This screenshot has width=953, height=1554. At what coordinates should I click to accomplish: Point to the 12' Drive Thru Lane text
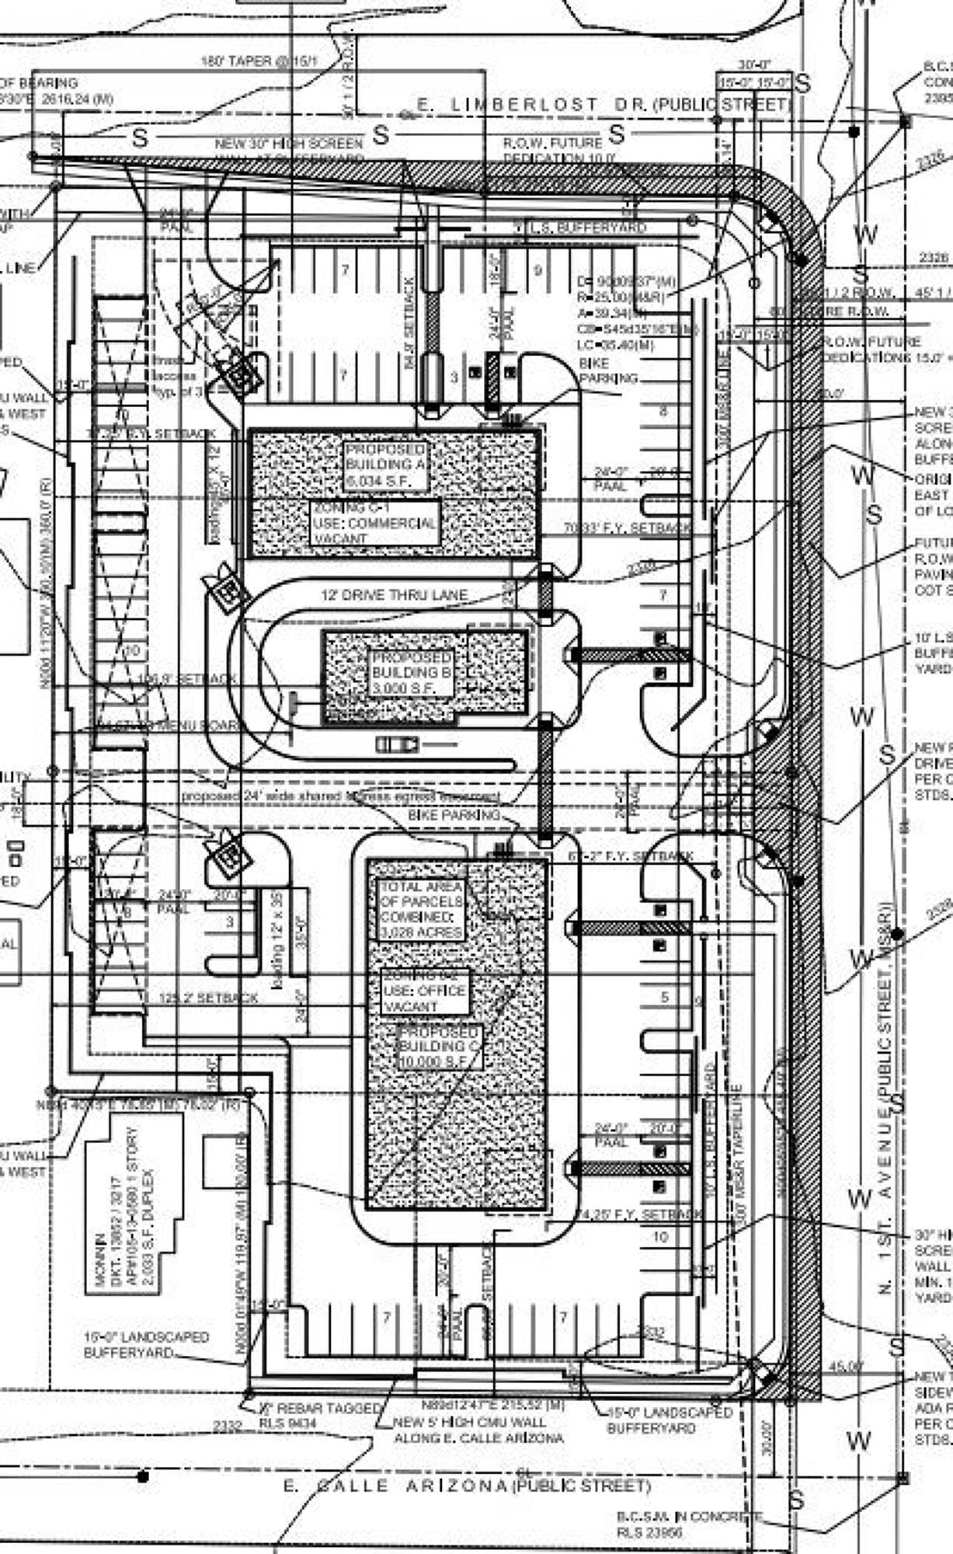click(395, 595)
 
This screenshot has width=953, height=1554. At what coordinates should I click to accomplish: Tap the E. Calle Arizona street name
click(466, 1486)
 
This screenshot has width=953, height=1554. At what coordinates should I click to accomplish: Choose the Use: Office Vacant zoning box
click(425, 991)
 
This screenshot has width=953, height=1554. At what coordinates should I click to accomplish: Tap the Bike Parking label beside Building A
click(608, 371)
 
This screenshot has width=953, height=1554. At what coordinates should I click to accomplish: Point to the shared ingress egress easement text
click(340, 796)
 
